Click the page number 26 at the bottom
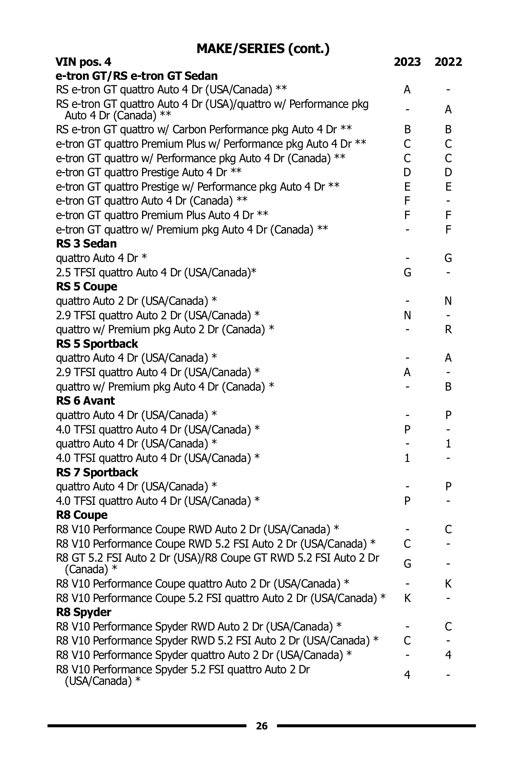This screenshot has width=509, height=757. (262, 726)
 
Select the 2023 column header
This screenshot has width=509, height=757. (407, 62)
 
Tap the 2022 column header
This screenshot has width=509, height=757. (448, 62)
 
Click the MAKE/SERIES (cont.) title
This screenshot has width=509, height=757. (263, 49)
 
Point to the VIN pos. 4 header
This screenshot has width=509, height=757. (84, 62)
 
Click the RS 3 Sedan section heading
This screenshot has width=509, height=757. (86, 244)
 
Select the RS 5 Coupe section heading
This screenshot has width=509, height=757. (87, 287)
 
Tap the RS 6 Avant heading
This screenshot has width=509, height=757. (85, 401)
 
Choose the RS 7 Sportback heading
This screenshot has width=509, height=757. (97, 473)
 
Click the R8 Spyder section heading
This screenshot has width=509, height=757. (84, 612)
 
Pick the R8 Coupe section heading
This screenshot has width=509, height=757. (82, 515)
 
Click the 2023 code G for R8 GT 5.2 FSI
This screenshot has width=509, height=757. (407, 564)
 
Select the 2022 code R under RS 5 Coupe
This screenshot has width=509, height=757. (448, 329)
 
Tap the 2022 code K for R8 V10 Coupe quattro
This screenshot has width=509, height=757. (448, 584)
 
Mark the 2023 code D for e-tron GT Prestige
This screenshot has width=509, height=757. (407, 172)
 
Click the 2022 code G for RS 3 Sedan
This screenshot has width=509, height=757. (448, 258)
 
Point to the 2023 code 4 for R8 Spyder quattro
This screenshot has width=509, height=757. (407, 675)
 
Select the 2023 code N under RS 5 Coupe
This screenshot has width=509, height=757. (407, 315)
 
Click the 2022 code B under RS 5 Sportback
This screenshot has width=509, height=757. (448, 387)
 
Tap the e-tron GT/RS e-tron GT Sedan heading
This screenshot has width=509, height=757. (137, 76)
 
